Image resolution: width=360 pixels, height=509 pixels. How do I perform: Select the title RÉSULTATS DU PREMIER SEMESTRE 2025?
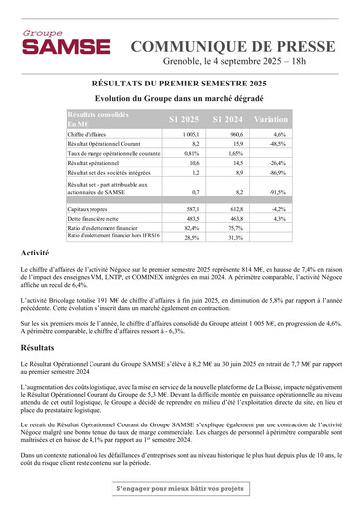point(179,85)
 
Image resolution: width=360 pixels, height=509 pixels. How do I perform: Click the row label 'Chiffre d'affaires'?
point(89,134)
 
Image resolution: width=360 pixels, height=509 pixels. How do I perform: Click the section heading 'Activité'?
point(35,254)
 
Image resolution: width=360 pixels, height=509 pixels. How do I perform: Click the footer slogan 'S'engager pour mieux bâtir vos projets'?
point(180,488)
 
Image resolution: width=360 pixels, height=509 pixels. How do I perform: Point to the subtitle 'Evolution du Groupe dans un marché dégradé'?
point(179,100)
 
